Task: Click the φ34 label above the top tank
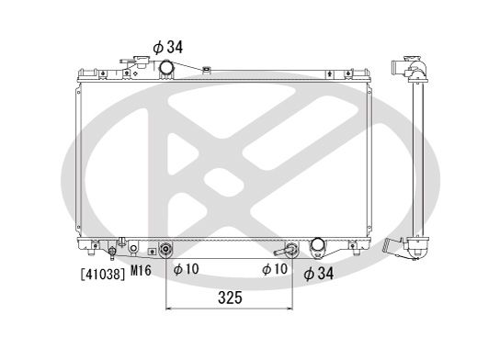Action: click(x=168, y=48)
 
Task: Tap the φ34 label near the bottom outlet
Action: click(x=319, y=274)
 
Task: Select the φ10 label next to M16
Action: click(x=187, y=269)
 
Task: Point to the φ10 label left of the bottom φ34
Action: click(x=275, y=269)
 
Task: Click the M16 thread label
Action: click(x=141, y=271)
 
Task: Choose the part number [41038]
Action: click(x=102, y=274)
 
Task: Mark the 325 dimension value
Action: click(x=230, y=298)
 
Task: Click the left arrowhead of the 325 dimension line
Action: click(x=169, y=309)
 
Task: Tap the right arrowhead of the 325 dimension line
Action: click(x=290, y=309)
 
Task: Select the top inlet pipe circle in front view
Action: click(x=166, y=67)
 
